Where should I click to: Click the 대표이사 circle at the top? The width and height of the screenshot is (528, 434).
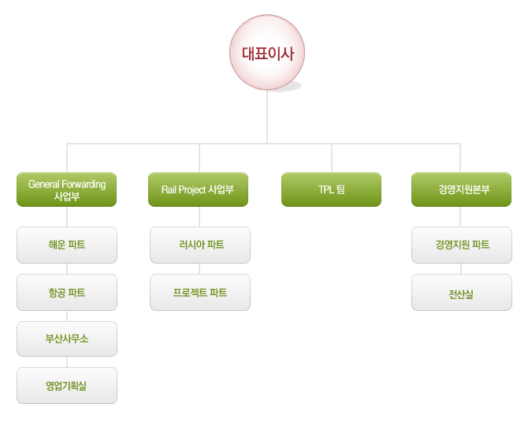coord(267,52)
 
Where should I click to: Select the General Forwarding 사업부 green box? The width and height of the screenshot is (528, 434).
coord(67,189)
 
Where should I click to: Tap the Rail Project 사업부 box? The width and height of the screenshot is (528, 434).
coord(198,189)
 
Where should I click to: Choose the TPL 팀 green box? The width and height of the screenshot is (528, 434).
coord(331,189)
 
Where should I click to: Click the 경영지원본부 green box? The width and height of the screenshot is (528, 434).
coord(461,189)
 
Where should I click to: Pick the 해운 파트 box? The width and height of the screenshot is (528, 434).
coord(67,245)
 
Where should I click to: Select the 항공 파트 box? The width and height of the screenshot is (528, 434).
coord(67,293)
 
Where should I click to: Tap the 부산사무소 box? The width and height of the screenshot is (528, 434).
coord(67,339)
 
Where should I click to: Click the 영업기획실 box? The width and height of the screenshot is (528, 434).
coord(67,385)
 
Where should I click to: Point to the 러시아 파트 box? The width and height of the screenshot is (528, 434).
coord(200,245)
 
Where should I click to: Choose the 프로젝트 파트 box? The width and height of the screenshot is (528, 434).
coord(200,293)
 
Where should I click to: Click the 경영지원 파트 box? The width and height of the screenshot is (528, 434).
coord(462,245)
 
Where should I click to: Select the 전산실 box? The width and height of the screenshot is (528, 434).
coord(462,293)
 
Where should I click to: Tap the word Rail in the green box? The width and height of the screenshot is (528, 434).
coord(169,189)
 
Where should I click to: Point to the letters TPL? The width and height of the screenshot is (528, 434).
coord(326,189)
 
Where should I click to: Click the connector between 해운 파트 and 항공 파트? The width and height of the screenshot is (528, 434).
coord(67,269)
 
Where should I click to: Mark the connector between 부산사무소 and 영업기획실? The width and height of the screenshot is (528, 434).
coord(67,362)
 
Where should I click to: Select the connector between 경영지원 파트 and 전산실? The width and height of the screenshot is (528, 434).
coord(461,269)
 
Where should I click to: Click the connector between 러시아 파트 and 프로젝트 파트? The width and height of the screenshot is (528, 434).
coord(199,269)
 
